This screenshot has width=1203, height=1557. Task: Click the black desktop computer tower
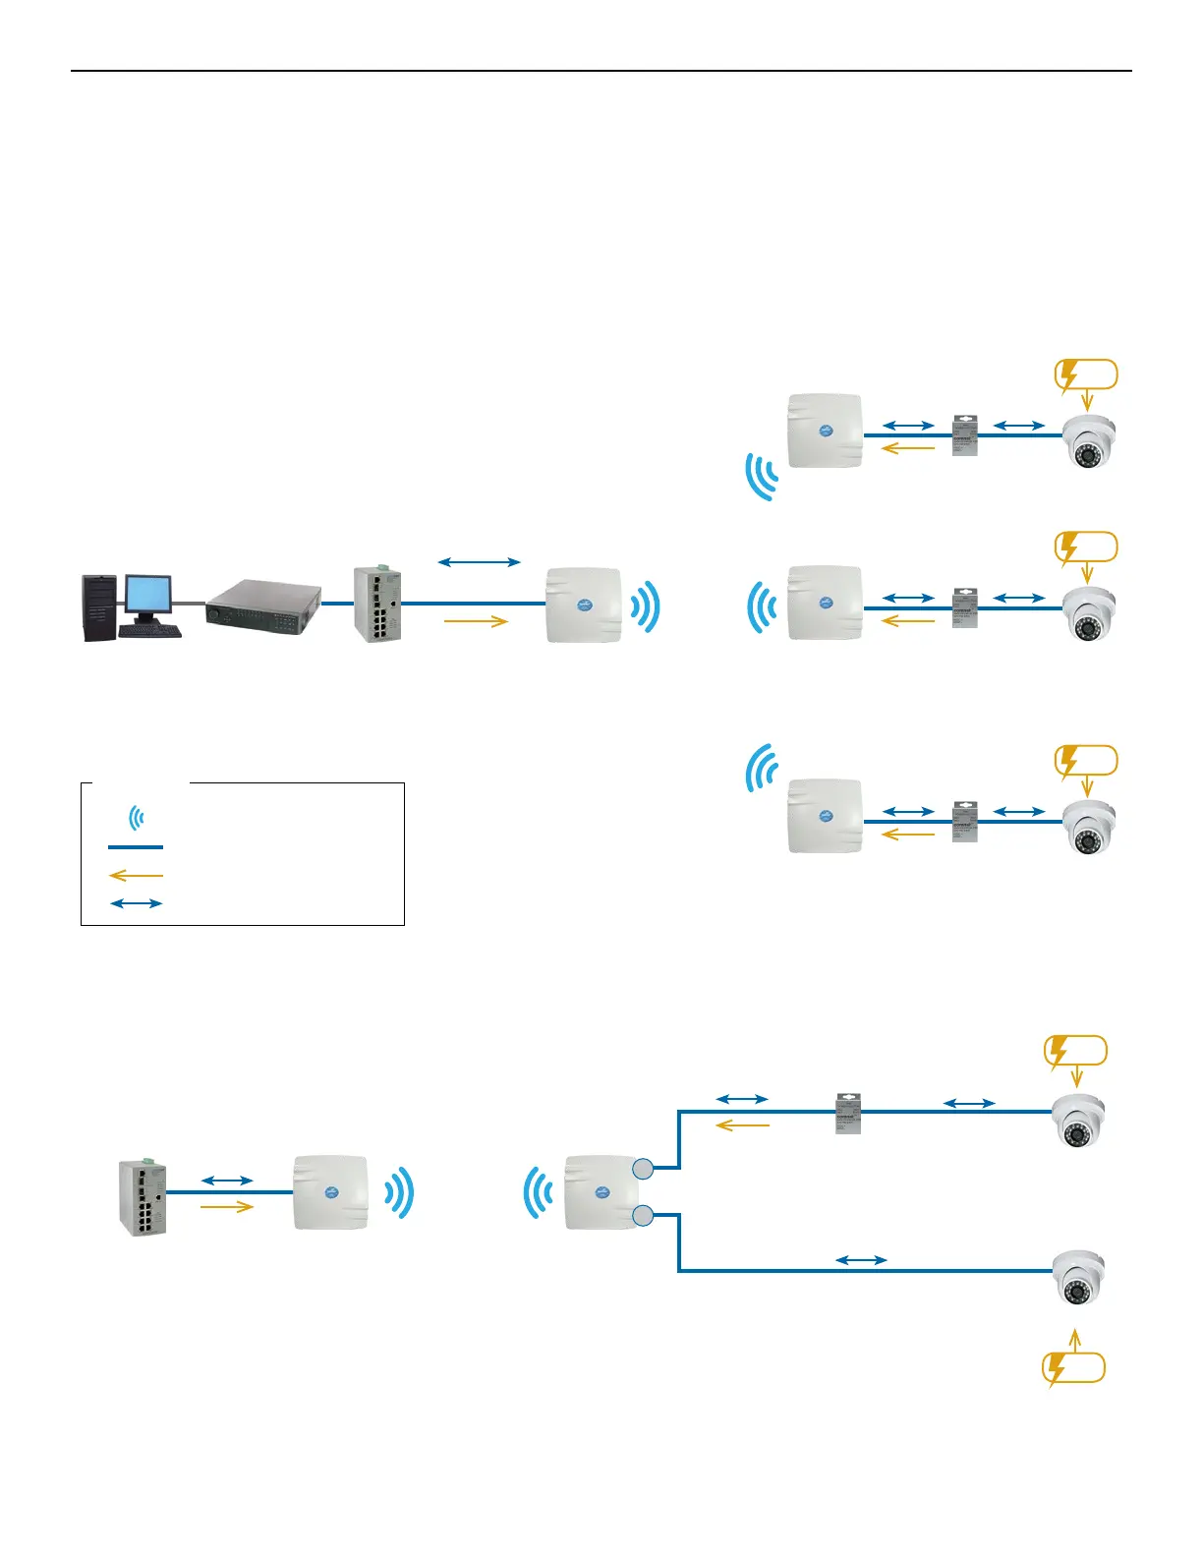[99, 608]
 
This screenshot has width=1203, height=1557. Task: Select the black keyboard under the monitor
[149, 630]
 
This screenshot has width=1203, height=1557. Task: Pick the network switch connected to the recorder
[377, 605]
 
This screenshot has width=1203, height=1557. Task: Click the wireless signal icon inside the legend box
[137, 817]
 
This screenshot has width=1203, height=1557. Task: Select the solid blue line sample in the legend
[136, 846]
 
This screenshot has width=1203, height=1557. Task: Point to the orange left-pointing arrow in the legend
[136, 875]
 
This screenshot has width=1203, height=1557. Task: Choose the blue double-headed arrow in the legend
[136, 903]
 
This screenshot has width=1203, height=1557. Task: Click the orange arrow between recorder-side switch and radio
[476, 620]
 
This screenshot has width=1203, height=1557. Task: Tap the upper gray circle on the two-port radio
[642, 1168]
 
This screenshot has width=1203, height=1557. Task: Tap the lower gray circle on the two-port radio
[642, 1216]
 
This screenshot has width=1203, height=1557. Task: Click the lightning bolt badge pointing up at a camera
[1072, 1368]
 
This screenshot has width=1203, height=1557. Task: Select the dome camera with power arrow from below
[1078, 1279]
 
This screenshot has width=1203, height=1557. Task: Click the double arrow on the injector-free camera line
[861, 1259]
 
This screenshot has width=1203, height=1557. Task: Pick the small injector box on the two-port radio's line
[847, 1113]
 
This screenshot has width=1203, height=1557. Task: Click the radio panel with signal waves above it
[825, 816]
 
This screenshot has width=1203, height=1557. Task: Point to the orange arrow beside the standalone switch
[227, 1207]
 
